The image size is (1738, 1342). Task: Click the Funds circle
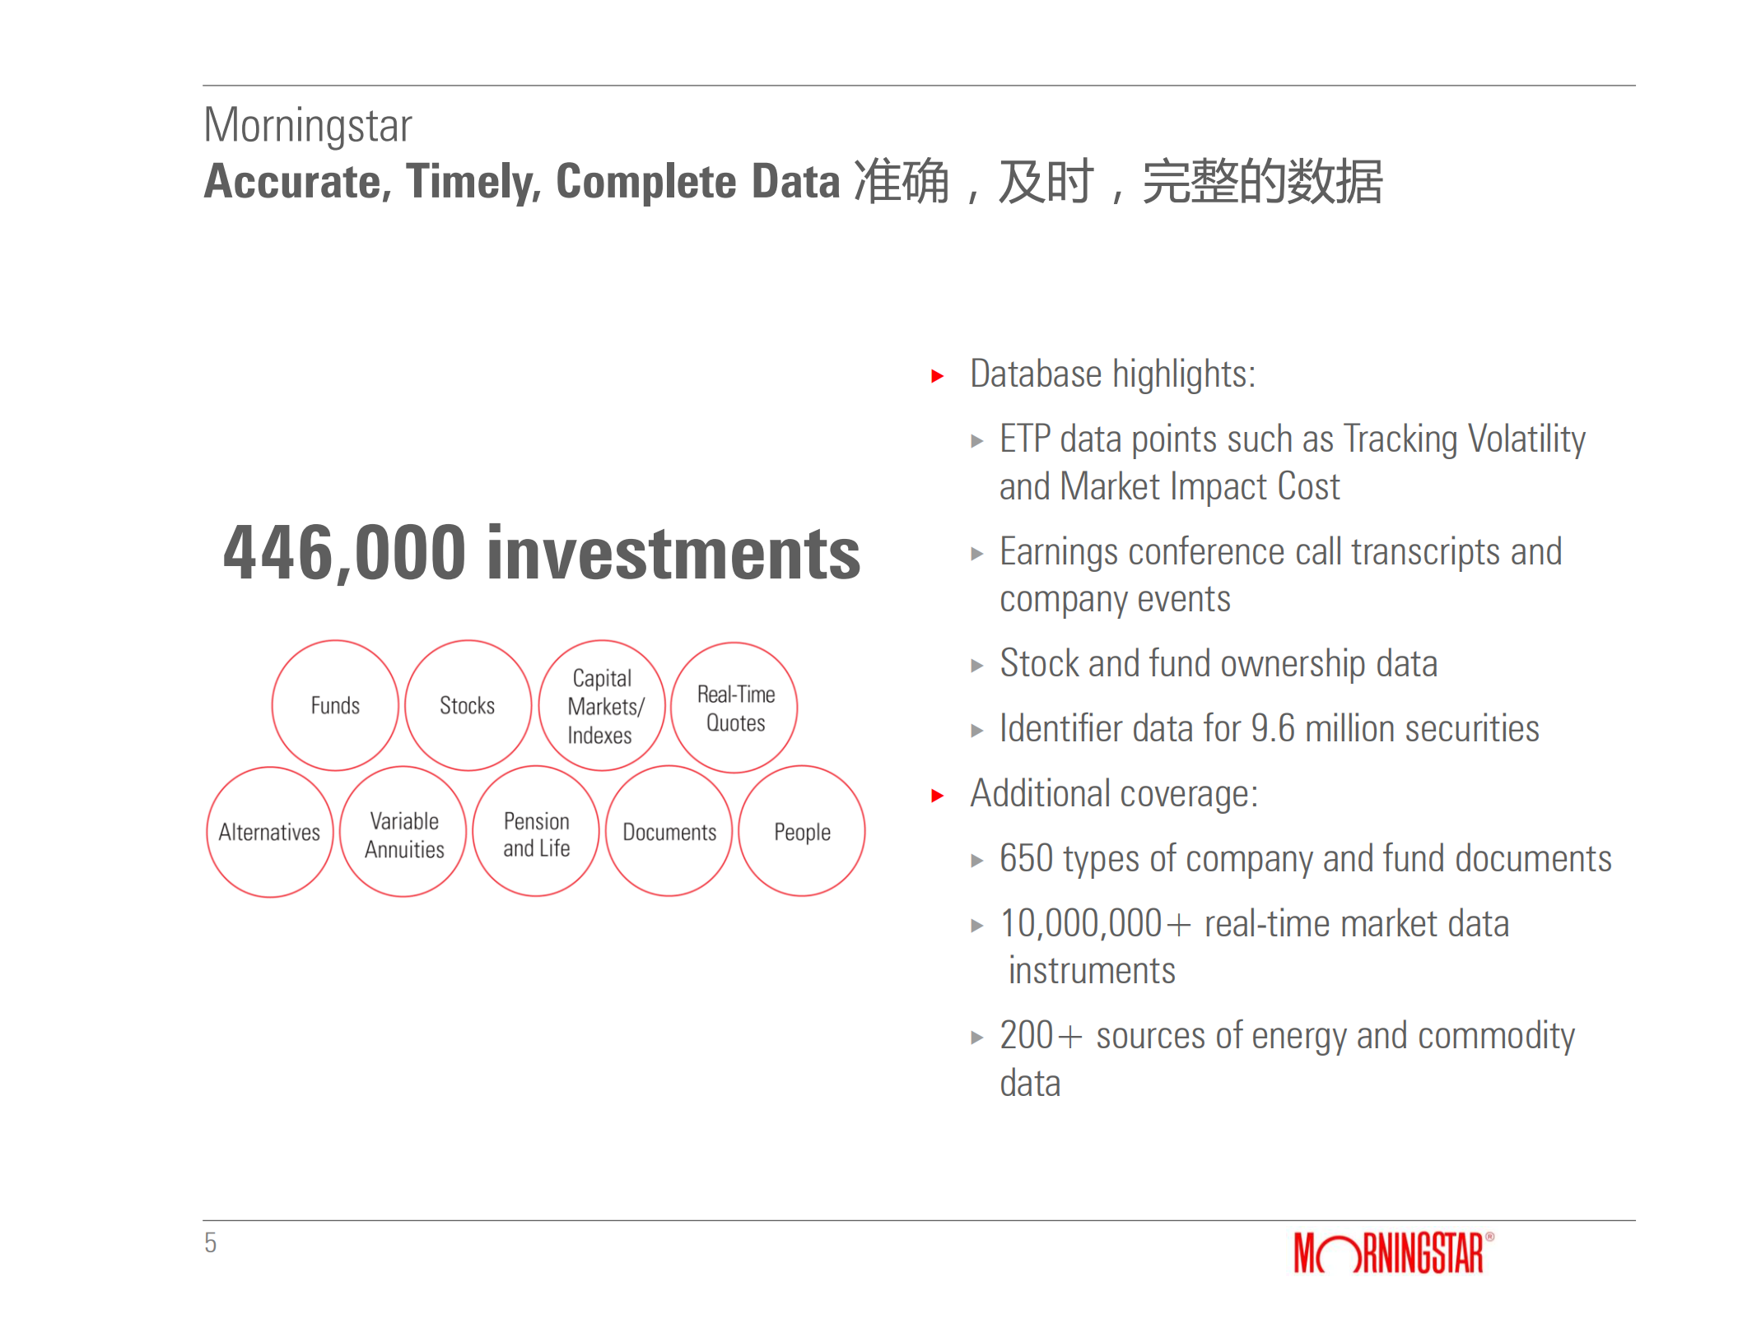pyautogui.click(x=335, y=705)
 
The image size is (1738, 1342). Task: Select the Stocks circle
pyautogui.click(x=468, y=705)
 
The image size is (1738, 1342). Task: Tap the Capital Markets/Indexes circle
pyautogui.click(x=602, y=706)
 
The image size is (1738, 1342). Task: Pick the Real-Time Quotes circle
pyautogui.click(x=734, y=708)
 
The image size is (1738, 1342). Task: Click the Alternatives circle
pyautogui.click(x=269, y=832)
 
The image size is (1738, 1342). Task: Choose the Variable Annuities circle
pyautogui.click(x=403, y=832)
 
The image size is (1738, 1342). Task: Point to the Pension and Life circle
pyautogui.click(x=536, y=832)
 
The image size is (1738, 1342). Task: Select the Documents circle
pyautogui.click(x=669, y=832)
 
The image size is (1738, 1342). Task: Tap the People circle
pyautogui.click(x=802, y=832)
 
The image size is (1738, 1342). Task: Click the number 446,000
pyautogui.click(x=344, y=553)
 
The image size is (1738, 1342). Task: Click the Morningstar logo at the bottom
pyautogui.click(x=1392, y=1252)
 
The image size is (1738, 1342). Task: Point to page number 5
pyautogui.click(x=211, y=1242)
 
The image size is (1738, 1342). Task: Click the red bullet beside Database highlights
pyautogui.click(x=937, y=376)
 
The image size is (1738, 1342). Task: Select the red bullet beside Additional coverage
pyautogui.click(x=937, y=796)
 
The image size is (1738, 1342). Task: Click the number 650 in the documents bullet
pyautogui.click(x=1026, y=859)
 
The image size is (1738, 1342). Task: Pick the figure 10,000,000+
pyautogui.click(x=1094, y=924)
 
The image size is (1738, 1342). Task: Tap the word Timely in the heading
pyautogui.click(x=473, y=182)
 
